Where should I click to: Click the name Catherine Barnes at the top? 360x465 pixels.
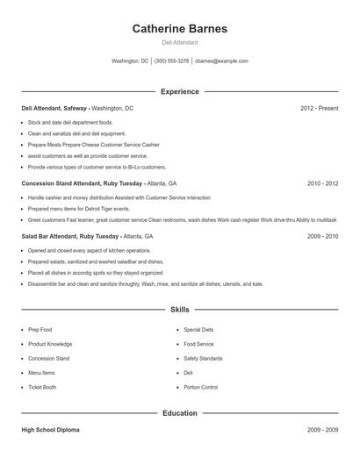coord(179,29)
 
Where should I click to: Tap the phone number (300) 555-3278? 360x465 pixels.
coord(172,61)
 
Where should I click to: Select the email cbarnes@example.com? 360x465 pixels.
coord(221,61)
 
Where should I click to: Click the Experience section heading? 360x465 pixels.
coord(180,91)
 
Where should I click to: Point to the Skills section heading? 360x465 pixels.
coord(180,310)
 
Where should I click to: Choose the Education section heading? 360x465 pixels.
coord(180,412)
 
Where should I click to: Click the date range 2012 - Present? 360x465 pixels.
coord(319,108)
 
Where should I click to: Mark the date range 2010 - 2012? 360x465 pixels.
coord(322,183)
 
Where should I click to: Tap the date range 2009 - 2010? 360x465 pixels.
coord(322,236)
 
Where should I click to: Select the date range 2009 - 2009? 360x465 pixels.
coord(322,430)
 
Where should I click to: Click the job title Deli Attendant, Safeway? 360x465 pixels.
coord(54,108)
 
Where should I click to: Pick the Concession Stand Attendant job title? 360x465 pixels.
coord(69,183)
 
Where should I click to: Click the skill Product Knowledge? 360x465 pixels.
coord(50,344)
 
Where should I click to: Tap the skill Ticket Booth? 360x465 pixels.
coord(42,387)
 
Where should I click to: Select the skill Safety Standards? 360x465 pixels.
coord(203,358)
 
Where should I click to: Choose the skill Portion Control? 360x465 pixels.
coord(200,387)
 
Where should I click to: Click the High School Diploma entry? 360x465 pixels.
coord(52,430)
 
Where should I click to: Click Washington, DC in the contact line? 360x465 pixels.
coord(130,61)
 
